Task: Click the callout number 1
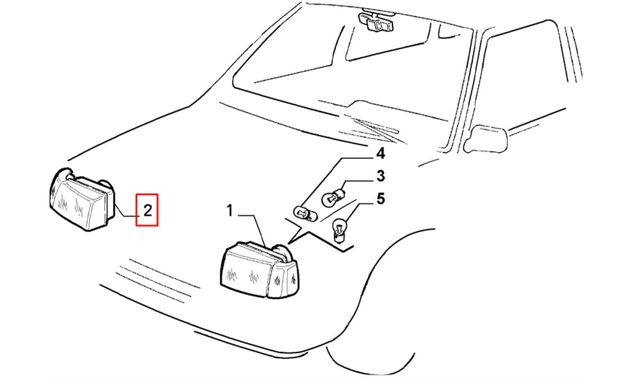pos(230,211)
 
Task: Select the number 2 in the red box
pos(147,210)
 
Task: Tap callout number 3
pos(380,176)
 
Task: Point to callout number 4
pos(380,154)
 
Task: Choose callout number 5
pos(380,198)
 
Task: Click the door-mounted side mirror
pos(486,138)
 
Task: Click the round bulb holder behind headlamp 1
pos(284,254)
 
